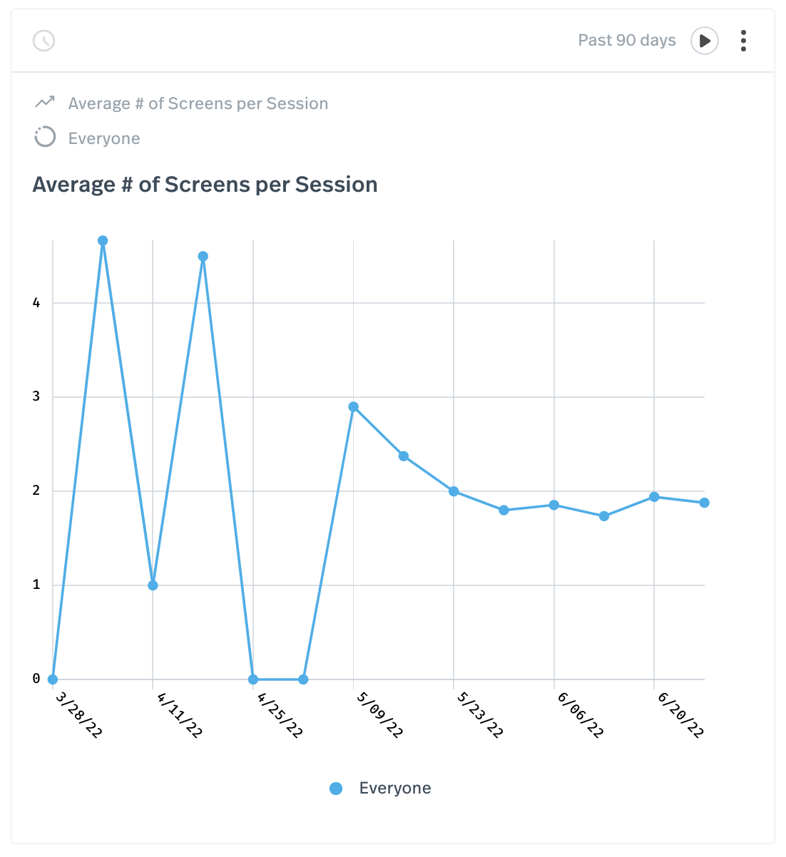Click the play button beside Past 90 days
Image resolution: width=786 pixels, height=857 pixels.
pyautogui.click(x=704, y=41)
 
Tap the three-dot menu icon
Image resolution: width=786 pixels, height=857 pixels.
pyautogui.click(x=743, y=41)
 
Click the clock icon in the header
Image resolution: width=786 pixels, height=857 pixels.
pyautogui.click(x=44, y=41)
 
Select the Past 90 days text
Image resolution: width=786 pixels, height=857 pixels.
pyautogui.click(x=626, y=41)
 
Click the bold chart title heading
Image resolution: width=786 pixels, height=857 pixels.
pyautogui.click(x=205, y=185)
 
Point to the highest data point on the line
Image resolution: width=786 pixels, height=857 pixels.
pyautogui.click(x=103, y=241)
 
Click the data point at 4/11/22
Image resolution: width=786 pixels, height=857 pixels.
pyautogui.click(x=153, y=585)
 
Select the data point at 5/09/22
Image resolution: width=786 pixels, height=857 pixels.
pyautogui.click(x=354, y=407)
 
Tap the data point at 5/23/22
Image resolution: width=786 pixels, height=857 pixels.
pyautogui.click(x=454, y=491)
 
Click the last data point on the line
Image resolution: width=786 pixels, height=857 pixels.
pyautogui.click(x=704, y=503)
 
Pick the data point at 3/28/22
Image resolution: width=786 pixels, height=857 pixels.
pyautogui.click(x=53, y=679)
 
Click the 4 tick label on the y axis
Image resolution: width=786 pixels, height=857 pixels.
pyautogui.click(x=36, y=303)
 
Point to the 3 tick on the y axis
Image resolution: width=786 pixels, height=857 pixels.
pyautogui.click(x=36, y=397)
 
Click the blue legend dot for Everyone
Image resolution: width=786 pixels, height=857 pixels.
pyautogui.click(x=336, y=789)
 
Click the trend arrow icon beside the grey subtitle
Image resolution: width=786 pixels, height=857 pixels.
pyautogui.click(x=45, y=103)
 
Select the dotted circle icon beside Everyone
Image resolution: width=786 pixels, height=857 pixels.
pyautogui.click(x=45, y=137)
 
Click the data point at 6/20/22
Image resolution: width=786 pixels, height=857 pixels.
pyautogui.click(x=654, y=497)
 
